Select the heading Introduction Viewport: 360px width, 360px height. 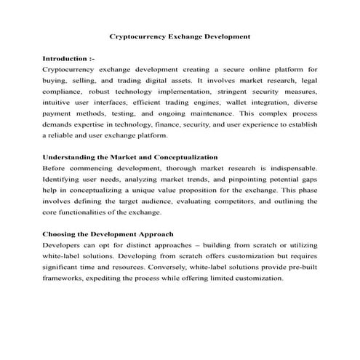pyautogui.click(x=66, y=57)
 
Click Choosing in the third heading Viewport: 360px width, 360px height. pyautogui.click(x=63, y=235)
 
